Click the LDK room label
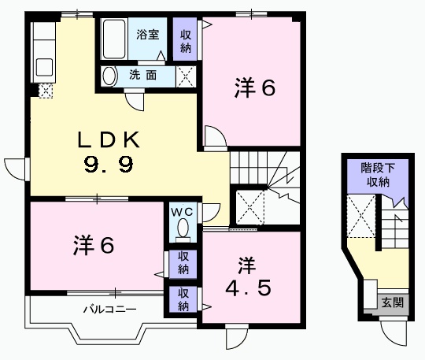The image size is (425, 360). tap(108, 140)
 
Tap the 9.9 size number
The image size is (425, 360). tap(108, 165)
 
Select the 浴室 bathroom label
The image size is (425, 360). tap(147, 35)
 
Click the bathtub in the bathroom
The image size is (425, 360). tap(116, 38)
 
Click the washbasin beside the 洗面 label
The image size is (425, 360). tap(112, 76)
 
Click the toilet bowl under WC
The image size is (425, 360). tap(183, 229)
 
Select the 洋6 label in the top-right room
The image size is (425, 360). tap(253, 89)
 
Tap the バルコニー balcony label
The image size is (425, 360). tap(110, 309)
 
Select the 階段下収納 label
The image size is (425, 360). tap(375, 175)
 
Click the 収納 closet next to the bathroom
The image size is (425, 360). tap(186, 40)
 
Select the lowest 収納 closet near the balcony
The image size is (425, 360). tap(183, 300)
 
